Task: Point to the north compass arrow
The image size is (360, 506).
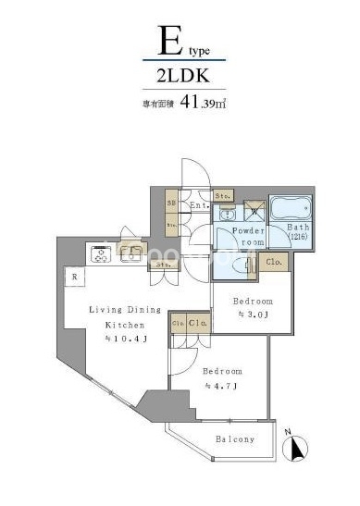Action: click(298, 448)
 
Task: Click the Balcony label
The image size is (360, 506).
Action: click(235, 438)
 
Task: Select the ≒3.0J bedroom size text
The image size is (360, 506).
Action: click(253, 315)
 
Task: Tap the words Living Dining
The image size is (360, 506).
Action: click(125, 310)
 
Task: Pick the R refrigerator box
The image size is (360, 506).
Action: click(72, 276)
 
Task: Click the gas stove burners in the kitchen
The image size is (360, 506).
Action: click(100, 253)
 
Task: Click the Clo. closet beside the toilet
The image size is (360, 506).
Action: click(274, 262)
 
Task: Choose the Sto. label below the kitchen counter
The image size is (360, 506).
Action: click(163, 265)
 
